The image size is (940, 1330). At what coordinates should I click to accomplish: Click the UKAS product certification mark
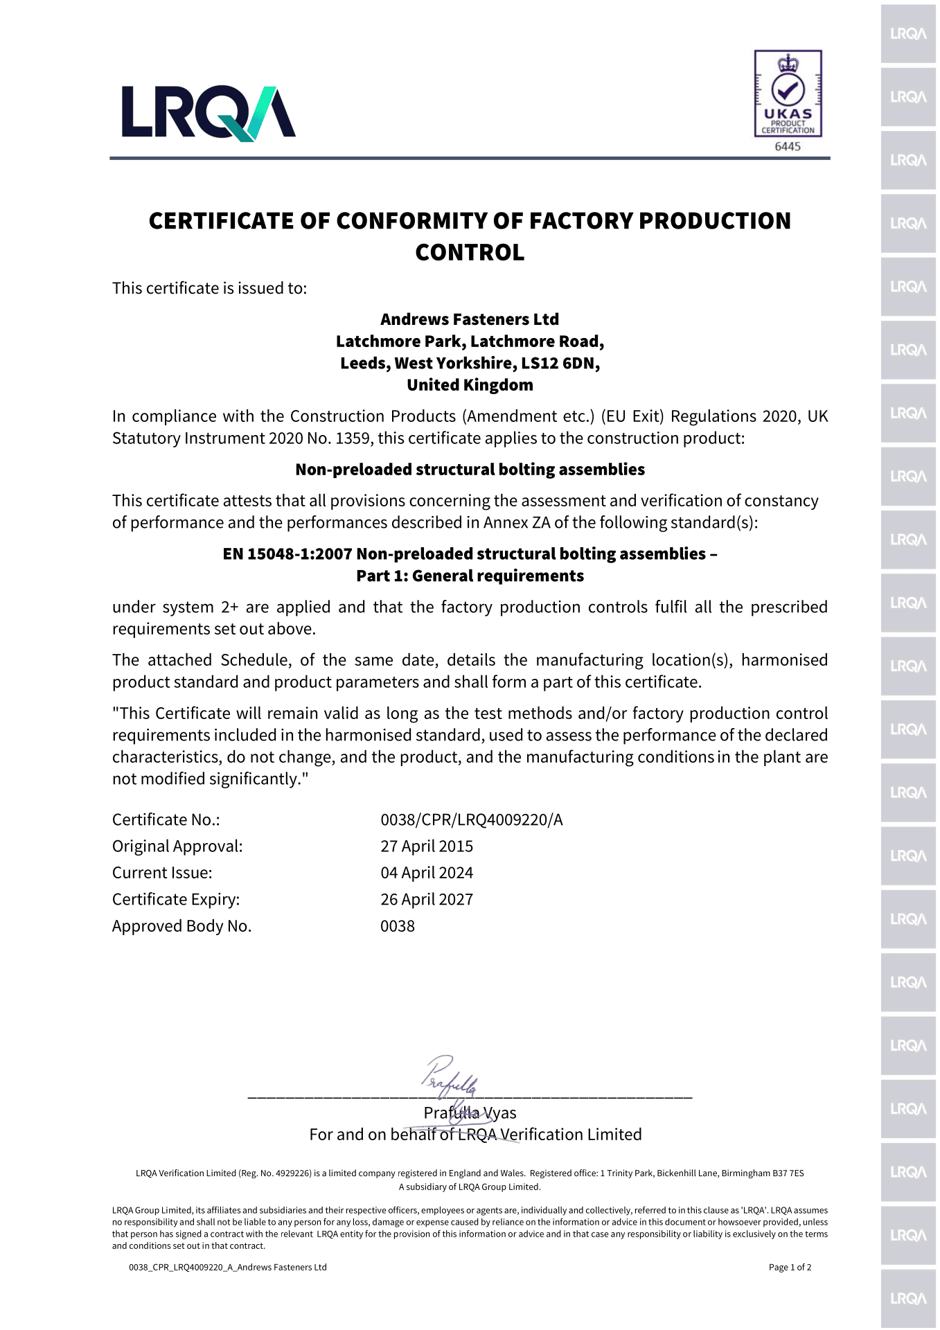pyautogui.click(x=788, y=93)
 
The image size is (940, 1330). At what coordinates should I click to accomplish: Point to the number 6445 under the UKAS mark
pyautogui.click(x=788, y=146)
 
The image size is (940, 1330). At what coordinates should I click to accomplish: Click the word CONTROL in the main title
pyautogui.click(x=470, y=252)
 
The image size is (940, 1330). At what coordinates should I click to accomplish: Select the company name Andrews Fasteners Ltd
pyautogui.click(x=470, y=319)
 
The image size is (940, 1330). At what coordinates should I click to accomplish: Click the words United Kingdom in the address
pyautogui.click(x=470, y=385)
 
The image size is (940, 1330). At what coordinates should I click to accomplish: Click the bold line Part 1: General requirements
pyautogui.click(x=470, y=576)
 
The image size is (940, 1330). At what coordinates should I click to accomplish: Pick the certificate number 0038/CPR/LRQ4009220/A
pyautogui.click(x=471, y=820)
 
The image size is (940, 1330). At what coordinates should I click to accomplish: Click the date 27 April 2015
pyautogui.click(x=427, y=846)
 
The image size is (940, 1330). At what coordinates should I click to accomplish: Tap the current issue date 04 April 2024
pyautogui.click(x=427, y=873)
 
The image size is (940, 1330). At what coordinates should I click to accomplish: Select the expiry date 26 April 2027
pyautogui.click(x=427, y=900)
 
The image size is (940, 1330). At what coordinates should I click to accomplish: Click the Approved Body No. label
pyautogui.click(x=181, y=926)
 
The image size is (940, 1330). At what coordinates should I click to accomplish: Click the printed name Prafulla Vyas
pyautogui.click(x=470, y=1113)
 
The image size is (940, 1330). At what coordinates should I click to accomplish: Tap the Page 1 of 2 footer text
pyautogui.click(x=790, y=1268)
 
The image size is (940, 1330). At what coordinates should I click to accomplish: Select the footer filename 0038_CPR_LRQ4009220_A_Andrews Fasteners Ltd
pyautogui.click(x=227, y=1268)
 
